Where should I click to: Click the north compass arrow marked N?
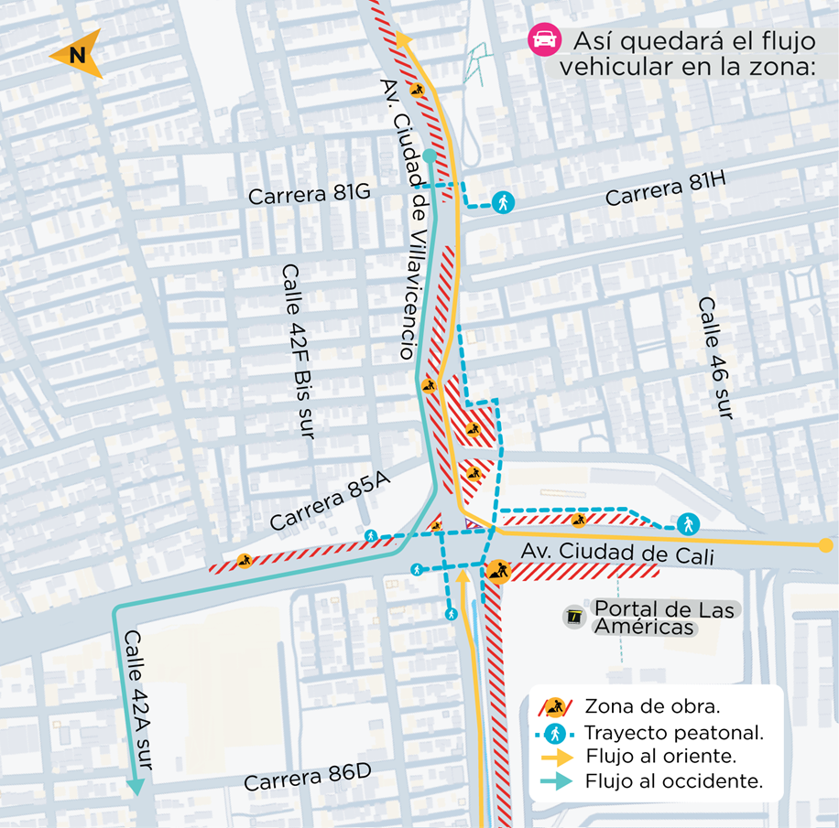pyautogui.click(x=76, y=56)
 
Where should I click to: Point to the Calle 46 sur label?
pyautogui.click(x=715, y=358)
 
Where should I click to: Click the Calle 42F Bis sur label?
pyautogui.click(x=299, y=351)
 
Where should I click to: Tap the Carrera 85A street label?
pyautogui.click(x=324, y=504)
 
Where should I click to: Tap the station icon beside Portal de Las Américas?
pyautogui.click(x=574, y=618)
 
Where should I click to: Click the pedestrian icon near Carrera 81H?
pyautogui.click(x=501, y=202)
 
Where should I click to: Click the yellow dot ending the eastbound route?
pyautogui.click(x=825, y=545)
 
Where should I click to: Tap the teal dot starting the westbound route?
pyautogui.click(x=430, y=157)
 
